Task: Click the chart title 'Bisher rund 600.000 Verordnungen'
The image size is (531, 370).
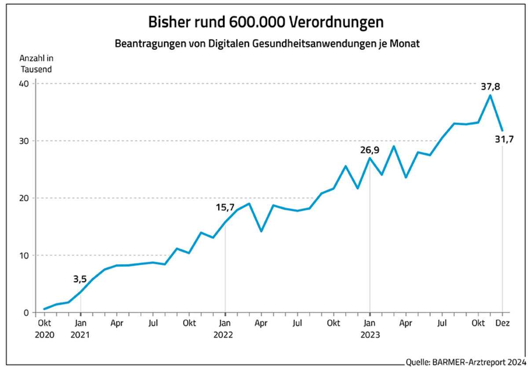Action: click(265, 22)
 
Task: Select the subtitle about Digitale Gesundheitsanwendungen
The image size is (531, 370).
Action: click(265, 44)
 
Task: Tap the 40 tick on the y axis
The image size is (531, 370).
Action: click(24, 84)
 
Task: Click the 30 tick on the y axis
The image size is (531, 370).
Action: click(24, 141)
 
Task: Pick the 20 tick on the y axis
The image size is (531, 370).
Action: click(24, 198)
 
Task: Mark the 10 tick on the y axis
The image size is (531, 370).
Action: click(24, 255)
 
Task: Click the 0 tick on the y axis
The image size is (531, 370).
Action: click(26, 313)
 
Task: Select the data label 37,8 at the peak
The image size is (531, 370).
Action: click(490, 87)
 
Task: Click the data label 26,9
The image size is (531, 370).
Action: click(369, 150)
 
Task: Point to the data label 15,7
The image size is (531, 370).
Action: click(225, 207)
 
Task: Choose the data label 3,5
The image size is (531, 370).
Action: click(80, 278)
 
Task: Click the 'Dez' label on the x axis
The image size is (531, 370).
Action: click(503, 323)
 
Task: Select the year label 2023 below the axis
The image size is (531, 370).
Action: click(370, 334)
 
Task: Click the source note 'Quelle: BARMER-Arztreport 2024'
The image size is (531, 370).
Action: click(465, 362)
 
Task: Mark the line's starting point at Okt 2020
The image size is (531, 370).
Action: click(44, 309)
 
